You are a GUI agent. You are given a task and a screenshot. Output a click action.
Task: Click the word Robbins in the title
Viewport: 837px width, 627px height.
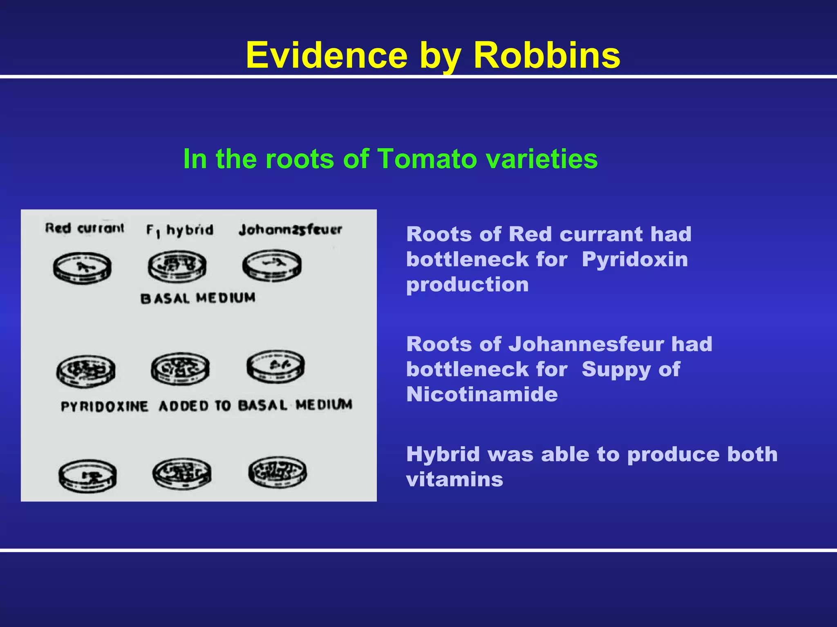[x=546, y=55]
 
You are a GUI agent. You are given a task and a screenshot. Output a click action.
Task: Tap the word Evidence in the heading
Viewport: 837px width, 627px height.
[x=327, y=55]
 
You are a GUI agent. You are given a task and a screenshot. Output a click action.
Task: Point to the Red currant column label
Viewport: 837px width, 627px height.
[x=84, y=228]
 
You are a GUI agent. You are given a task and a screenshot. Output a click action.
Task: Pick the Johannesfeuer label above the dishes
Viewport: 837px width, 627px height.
[x=290, y=230]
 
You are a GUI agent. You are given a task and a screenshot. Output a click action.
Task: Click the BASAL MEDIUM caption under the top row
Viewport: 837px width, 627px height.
[x=198, y=298]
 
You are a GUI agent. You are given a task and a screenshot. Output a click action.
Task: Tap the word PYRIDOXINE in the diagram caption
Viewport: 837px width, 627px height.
[x=104, y=407]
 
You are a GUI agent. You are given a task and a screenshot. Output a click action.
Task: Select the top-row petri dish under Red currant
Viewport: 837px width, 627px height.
[x=82, y=268]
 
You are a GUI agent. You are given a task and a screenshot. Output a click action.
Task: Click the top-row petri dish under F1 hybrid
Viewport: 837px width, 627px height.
[x=177, y=266]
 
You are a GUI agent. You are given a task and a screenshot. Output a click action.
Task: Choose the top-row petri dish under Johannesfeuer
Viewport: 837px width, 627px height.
[x=272, y=265]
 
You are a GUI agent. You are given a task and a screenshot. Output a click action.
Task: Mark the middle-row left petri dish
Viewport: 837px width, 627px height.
[x=86, y=371]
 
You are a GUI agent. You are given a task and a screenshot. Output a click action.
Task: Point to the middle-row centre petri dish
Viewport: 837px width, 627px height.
[x=180, y=369]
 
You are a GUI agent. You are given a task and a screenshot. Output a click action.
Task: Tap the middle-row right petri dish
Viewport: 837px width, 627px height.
[x=275, y=366]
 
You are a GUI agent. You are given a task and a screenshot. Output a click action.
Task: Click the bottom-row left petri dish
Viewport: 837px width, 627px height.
[x=87, y=476]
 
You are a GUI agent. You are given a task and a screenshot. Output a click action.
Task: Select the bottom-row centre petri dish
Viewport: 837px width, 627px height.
[x=182, y=474]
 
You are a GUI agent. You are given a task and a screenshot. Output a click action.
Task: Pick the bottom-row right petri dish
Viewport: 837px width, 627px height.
[x=278, y=472]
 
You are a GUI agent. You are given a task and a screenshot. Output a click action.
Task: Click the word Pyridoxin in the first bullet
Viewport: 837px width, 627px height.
[x=635, y=260]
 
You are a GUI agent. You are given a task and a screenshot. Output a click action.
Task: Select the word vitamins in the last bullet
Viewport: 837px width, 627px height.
[x=454, y=479]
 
